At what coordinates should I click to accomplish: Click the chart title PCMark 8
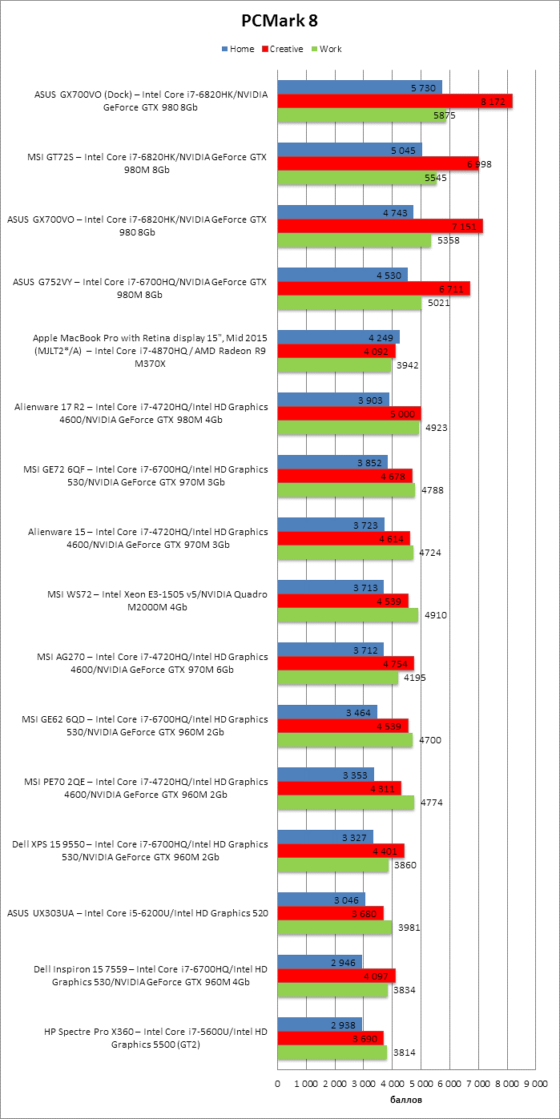(x=279, y=21)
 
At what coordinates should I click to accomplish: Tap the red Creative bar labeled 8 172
(x=395, y=102)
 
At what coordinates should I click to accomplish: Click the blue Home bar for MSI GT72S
(x=349, y=150)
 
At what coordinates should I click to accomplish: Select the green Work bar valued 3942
(x=334, y=365)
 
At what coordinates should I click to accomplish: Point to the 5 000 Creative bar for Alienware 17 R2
(x=349, y=413)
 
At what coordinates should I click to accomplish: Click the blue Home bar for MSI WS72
(x=330, y=586)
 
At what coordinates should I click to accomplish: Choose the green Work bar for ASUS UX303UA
(x=335, y=928)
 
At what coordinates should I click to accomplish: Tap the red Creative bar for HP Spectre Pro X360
(x=330, y=1038)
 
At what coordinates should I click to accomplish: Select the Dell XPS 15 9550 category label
(x=140, y=851)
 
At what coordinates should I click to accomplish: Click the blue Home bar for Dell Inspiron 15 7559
(x=320, y=961)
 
